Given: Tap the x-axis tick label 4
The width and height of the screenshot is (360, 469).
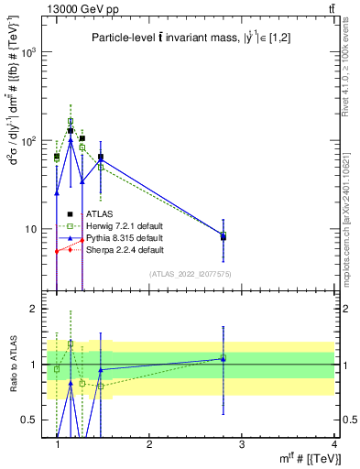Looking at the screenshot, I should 335,444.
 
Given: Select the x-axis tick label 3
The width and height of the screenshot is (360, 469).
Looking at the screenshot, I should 242,444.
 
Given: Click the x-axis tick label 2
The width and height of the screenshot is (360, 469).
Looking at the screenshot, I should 149,444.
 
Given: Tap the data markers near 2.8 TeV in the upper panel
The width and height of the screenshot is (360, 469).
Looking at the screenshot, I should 223,236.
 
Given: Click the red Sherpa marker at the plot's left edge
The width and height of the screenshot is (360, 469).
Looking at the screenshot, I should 57,251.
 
